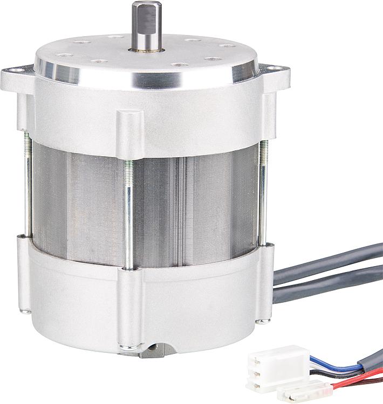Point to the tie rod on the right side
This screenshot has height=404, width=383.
coord(262,189)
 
